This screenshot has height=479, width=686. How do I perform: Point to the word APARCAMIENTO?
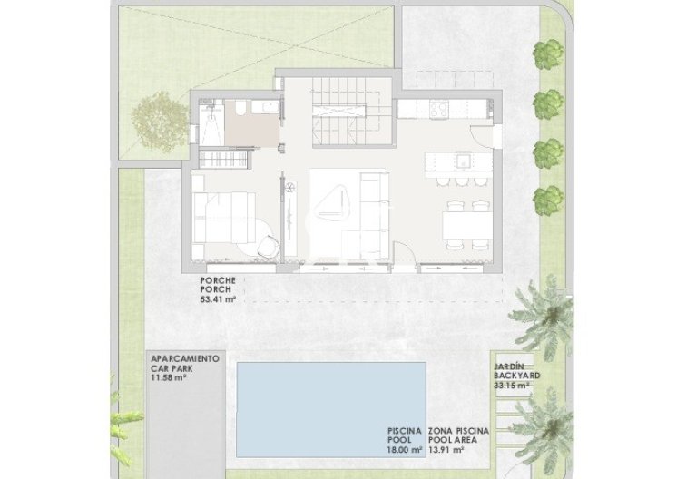pyautogui.click(x=185, y=359)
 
